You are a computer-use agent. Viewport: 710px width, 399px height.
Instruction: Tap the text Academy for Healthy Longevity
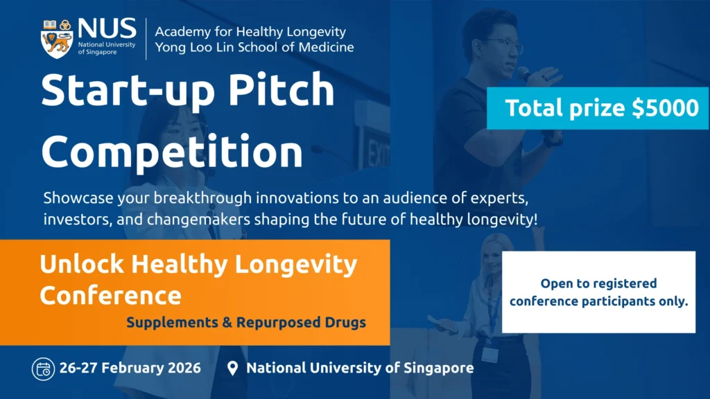(x=250, y=32)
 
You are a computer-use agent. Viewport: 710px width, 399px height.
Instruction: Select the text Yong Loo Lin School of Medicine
(x=254, y=47)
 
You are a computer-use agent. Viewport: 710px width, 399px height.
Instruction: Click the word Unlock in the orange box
(x=83, y=264)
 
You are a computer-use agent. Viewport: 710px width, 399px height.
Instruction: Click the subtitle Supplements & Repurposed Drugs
(x=245, y=323)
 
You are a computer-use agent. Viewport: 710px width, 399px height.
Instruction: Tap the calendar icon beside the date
(x=43, y=369)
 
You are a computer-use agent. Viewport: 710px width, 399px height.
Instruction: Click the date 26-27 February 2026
(x=131, y=368)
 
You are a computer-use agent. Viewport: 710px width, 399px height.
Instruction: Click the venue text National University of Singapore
(x=360, y=368)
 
